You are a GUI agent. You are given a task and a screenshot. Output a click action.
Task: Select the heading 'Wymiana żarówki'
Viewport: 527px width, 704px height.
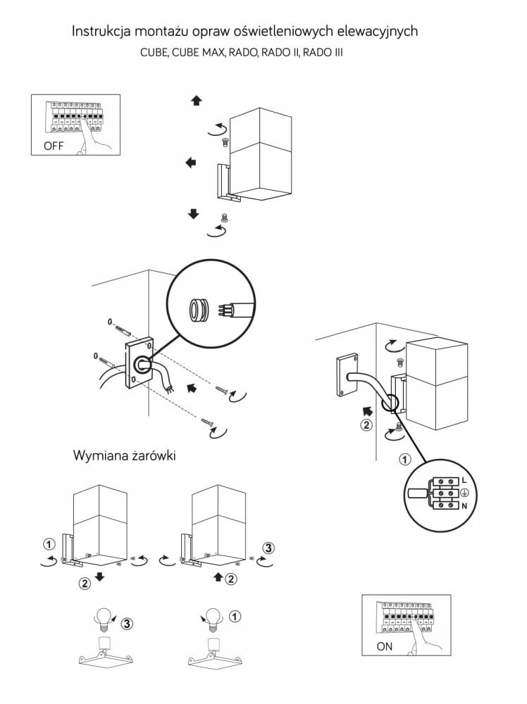[124, 455]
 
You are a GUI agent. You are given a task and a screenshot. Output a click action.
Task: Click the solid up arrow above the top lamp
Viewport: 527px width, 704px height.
[196, 101]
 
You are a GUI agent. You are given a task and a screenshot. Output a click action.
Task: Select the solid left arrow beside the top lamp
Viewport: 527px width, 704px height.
[190, 163]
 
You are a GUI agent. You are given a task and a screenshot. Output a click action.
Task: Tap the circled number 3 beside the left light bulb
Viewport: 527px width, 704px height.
[125, 623]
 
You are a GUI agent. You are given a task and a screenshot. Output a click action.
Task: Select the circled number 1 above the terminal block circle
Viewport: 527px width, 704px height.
[404, 460]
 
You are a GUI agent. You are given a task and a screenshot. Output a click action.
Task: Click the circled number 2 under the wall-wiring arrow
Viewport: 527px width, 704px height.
[365, 425]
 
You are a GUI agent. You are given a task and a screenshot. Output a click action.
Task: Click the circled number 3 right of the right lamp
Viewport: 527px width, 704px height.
[267, 547]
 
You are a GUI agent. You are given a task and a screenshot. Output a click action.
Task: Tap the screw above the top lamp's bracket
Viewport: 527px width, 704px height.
[225, 142]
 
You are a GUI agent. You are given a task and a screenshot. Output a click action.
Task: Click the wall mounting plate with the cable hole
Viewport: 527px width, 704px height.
[138, 362]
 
